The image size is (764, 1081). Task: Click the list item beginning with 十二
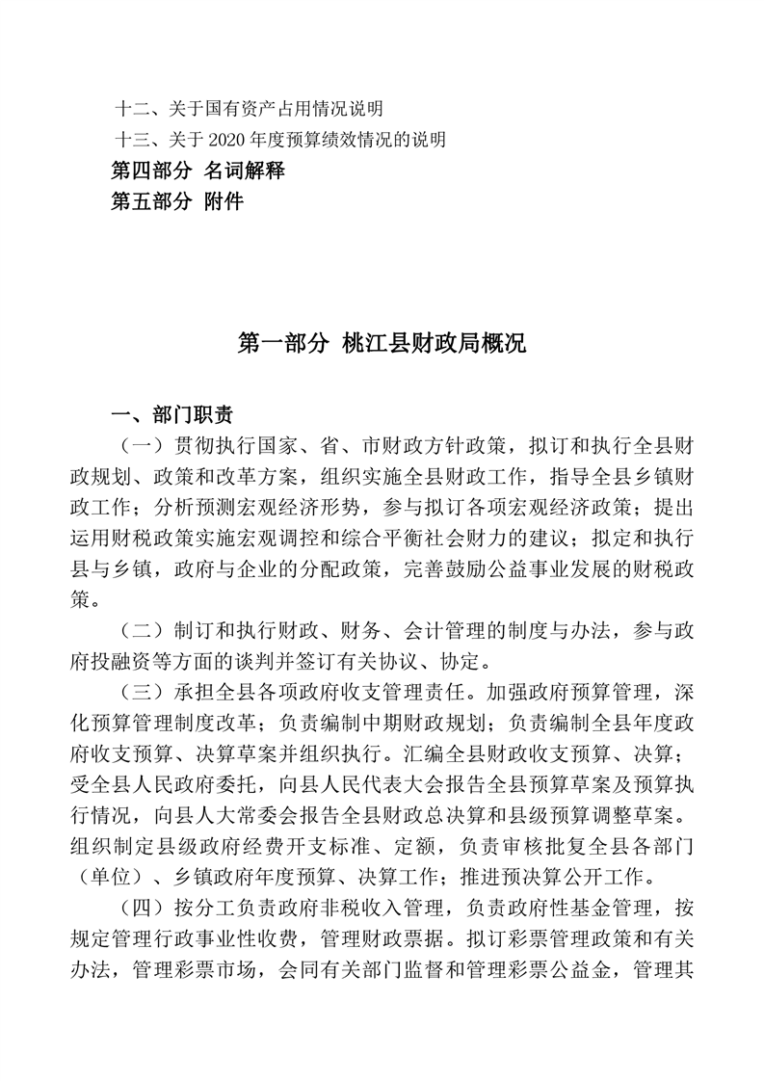[x=249, y=107]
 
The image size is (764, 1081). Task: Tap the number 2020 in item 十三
[x=240, y=141]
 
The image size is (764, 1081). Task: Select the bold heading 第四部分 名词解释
[x=198, y=171]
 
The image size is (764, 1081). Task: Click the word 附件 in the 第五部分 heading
[x=224, y=202]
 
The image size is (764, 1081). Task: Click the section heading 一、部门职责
[x=172, y=416]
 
